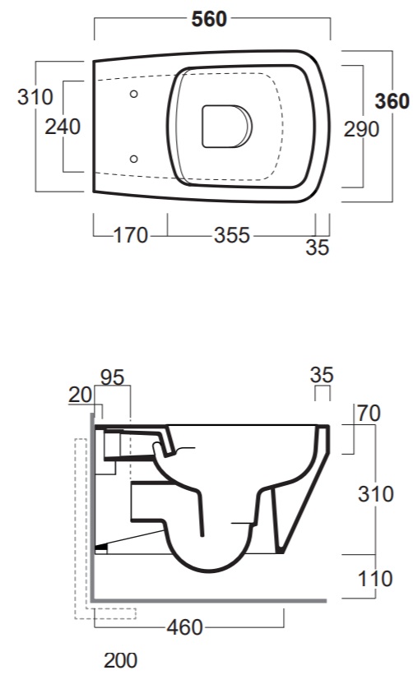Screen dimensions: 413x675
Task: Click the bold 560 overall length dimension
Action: pyautogui.click(x=209, y=20)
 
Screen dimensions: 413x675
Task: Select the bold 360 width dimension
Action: pyautogui.click(x=392, y=101)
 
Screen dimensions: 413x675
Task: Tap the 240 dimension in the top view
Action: pyautogui.click(x=63, y=127)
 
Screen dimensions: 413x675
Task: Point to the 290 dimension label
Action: pyautogui.click(x=361, y=129)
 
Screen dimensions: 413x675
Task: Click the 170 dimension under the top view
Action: pyautogui.click(x=131, y=235)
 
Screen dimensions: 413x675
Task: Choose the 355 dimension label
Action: pyautogui.click(x=232, y=235)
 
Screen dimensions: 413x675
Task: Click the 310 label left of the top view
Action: pyautogui.click(x=35, y=97)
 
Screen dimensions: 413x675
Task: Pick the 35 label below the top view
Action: pyautogui.click(x=318, y=247)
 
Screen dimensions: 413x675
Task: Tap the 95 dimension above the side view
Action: pyautogui.click(x=113, y=377)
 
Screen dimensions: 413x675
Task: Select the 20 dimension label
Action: pyautogui.click(x=80, y=395)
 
